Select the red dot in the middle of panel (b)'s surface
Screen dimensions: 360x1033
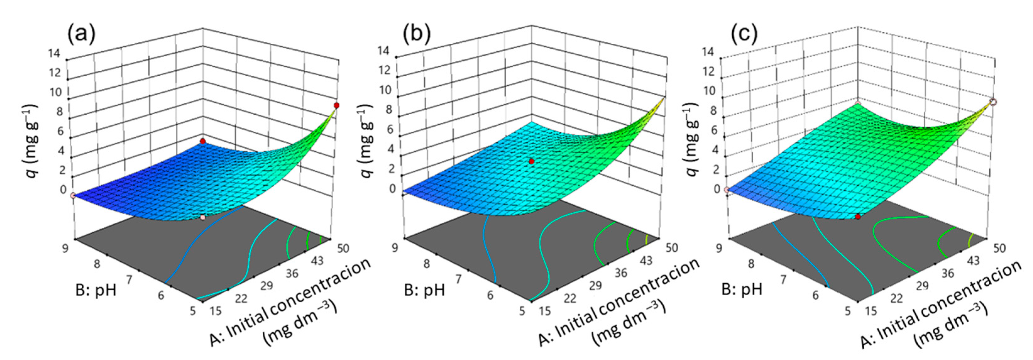pos(531,161)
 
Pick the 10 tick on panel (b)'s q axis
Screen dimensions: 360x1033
pos(385,90)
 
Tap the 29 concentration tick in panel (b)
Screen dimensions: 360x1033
pos(595,286)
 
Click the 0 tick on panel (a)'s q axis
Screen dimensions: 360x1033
pos(64,189)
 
